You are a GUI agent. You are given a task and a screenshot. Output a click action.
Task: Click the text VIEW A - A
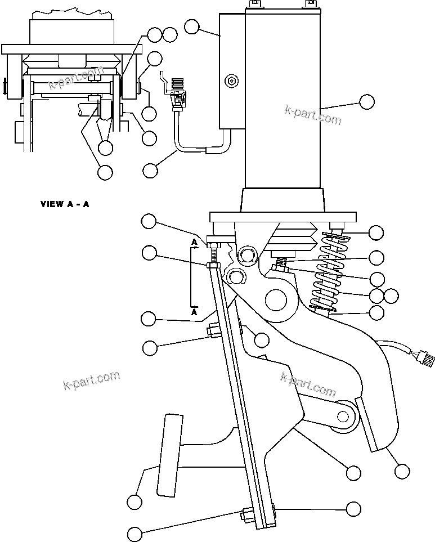[64, 204]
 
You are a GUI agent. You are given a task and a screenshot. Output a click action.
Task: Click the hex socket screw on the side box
[232, 82]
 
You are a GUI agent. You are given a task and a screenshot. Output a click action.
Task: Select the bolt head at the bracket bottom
[248, 513]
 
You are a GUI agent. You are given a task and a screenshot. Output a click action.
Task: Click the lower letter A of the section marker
[194, 311]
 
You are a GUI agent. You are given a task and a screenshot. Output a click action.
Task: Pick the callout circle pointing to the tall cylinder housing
[366, 102]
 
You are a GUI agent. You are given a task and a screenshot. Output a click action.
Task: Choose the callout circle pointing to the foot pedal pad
[134, 501]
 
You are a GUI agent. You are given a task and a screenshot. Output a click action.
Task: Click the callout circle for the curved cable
[150, 169]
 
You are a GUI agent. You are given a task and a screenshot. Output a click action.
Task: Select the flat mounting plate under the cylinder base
[282, 217]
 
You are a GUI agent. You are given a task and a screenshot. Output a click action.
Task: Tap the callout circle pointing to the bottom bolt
[134, 533]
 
